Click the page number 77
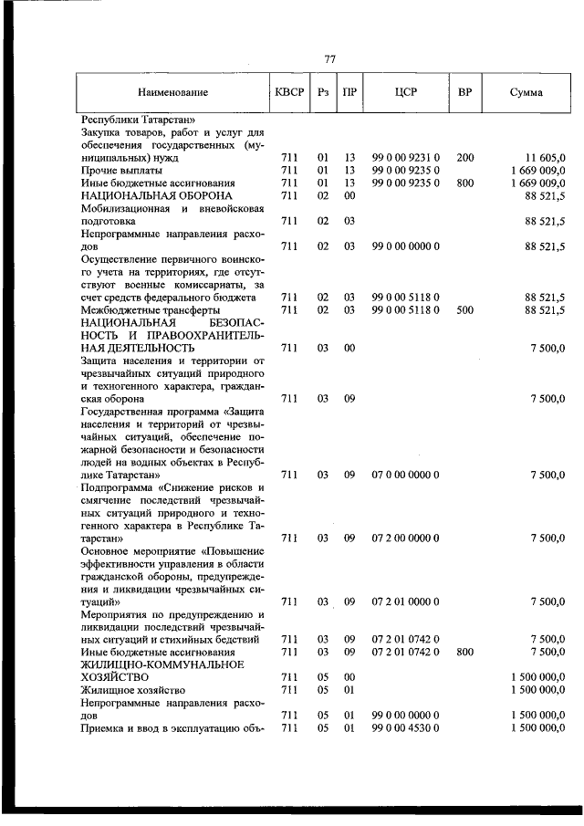tap(330, 59)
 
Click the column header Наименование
tap(173, 92)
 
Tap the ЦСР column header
tap(406, 92)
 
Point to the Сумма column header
tap(527, 92)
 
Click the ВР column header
tap(464, 92)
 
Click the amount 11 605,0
tap(546, 158)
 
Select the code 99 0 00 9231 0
tap(406, 158)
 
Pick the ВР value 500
tap(464, 310)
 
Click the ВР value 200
tap(464, 158)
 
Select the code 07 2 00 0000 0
tap(406, 538)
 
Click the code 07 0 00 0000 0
tap(406, 475)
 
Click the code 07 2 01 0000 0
tap(406, 601)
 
